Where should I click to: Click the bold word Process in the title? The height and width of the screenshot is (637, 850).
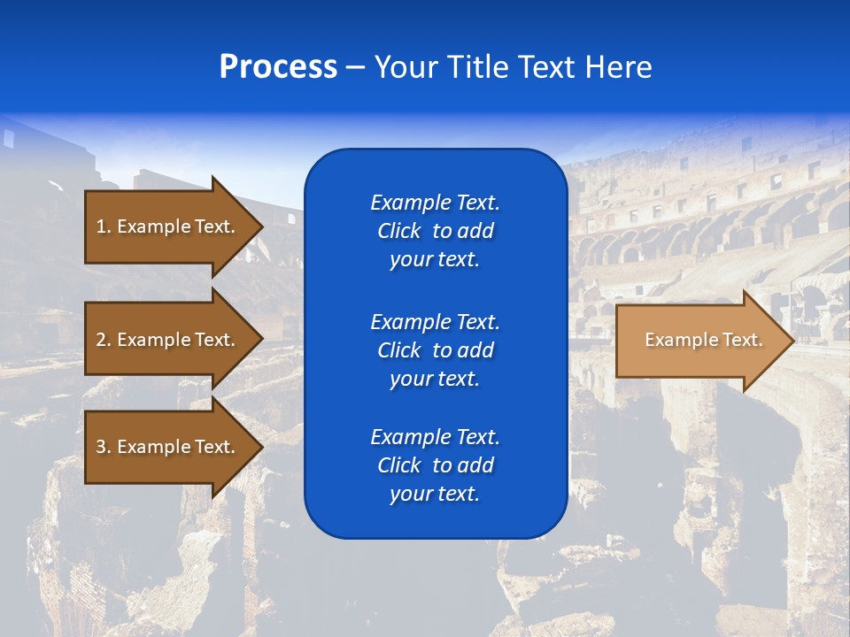tap(278, 67)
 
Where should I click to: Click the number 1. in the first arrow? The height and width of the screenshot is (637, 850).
tap(103, 226)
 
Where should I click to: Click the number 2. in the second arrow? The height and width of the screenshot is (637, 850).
tap(103, 340)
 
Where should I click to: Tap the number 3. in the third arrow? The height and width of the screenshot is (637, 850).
tap(103, 447)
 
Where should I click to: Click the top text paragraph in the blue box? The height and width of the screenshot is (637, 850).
tap(435, 231)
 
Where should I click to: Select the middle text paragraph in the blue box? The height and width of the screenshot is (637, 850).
tap(435, 350)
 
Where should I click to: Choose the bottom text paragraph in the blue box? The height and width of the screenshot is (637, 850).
tap(435, 465)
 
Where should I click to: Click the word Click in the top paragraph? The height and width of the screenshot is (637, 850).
tap(398, 231)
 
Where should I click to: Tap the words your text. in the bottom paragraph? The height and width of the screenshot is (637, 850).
tap(435, 494)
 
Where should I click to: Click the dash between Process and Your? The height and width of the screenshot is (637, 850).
tap(356, 67)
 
